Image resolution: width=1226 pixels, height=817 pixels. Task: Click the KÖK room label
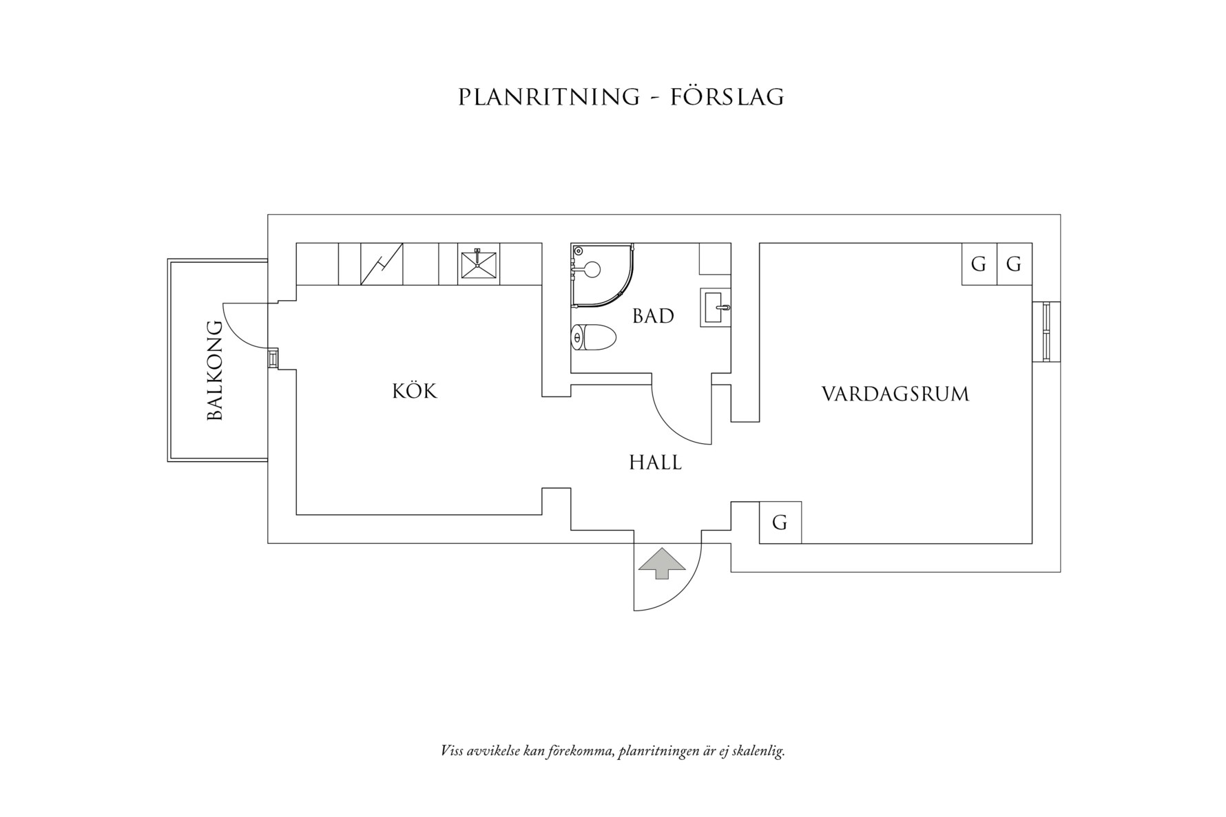click(415, 391)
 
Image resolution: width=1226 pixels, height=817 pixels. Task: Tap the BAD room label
click(653, 317)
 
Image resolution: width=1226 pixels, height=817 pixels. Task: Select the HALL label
click(655, 463)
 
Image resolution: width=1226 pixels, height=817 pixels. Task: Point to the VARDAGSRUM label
click(895, 394)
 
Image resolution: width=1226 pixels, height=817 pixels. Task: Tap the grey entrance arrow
click(661, 562)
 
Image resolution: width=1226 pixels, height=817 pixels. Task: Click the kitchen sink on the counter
click(479, 264)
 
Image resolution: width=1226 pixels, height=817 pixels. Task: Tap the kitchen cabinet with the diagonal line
click(382, 264)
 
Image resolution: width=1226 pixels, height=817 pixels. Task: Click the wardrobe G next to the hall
click(780, 522)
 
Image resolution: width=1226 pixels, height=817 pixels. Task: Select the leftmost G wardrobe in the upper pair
click(979, 264)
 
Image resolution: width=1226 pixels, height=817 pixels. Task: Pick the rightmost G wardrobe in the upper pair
click(1014, 264)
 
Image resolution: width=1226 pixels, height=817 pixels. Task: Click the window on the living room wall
click(1046, 331)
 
